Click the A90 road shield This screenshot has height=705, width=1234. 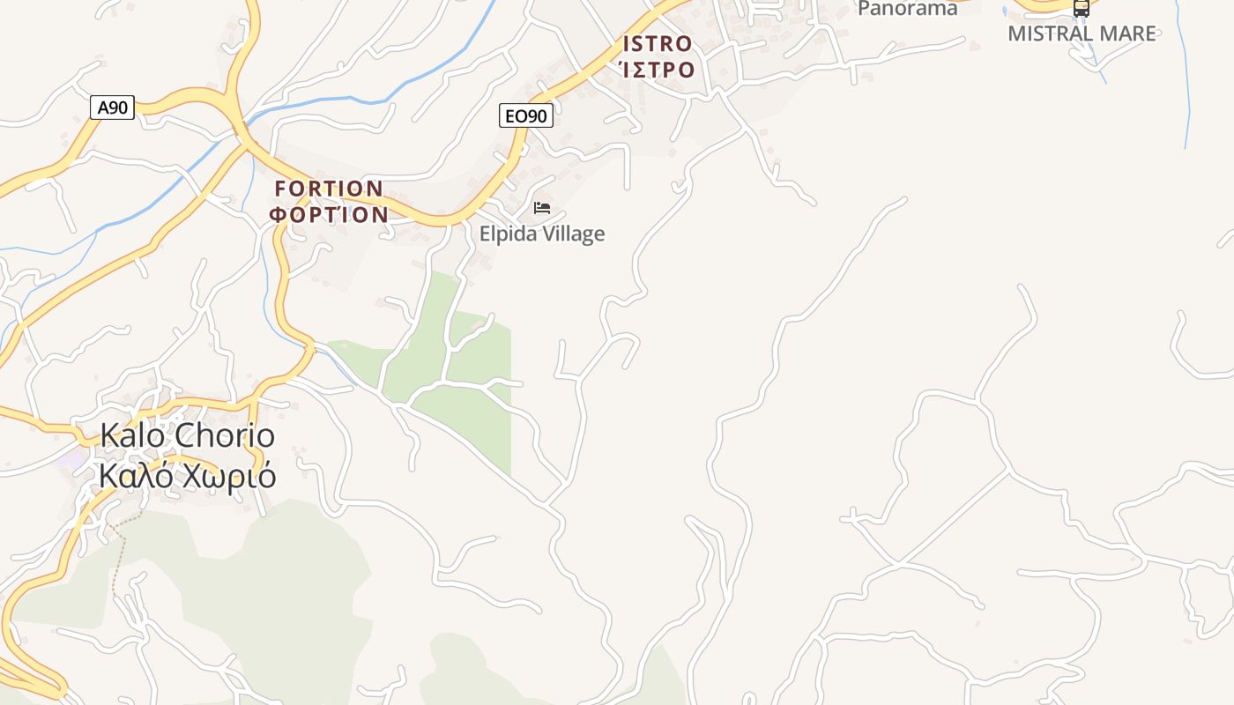(x=112, y=108)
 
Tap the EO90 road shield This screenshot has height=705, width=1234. (x=526, y=115)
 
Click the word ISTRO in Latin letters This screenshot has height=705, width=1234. (x=658, y=44)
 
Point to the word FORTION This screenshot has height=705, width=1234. (x=329, y=189)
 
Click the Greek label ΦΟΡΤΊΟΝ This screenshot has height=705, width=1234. (x=329, y=214)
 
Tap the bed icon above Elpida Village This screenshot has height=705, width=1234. (x=542, y=208)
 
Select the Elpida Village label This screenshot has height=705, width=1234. (x=542, y=234)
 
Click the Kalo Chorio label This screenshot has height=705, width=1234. (x=187, y=435)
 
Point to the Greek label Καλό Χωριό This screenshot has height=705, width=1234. (x=187, y=476)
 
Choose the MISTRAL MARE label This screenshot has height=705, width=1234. (x=1082, y=33)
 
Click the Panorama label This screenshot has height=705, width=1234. (x=908, y=9)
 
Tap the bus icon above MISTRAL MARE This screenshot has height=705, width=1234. (x=1082, y=8)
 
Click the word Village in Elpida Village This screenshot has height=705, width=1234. (x=574, y=234)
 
